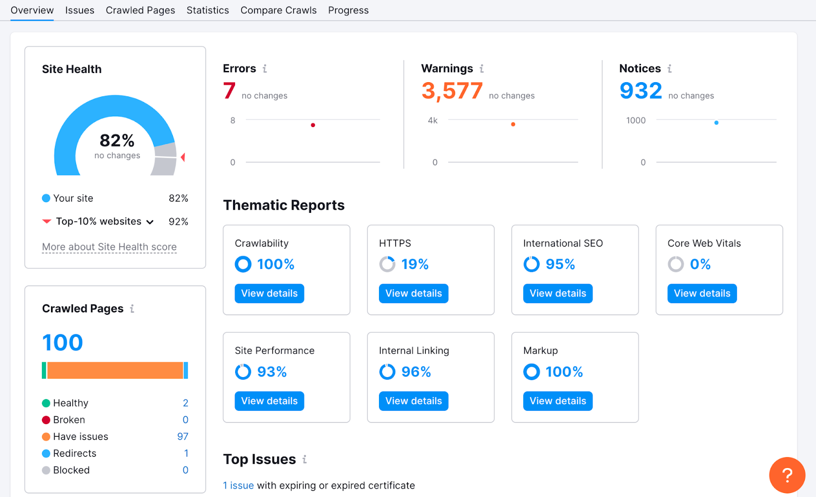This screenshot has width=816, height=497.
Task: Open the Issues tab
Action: click(80, 10)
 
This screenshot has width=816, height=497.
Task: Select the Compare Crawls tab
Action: click(278, 10)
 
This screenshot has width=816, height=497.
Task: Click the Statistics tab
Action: click(208, 10)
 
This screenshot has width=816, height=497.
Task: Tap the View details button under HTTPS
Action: click(413, 293)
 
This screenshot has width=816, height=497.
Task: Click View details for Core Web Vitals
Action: click(702, 293)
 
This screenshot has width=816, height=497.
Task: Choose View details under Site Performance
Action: click(269, 401)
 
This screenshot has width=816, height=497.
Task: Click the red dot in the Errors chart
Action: click(313, 125)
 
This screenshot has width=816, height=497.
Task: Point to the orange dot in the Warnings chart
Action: click(513, 124)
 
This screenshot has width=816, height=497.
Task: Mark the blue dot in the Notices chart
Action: click(717, 122)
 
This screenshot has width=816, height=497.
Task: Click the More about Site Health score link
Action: click(109, 247)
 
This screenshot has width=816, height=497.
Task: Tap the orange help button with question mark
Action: click(787, 475)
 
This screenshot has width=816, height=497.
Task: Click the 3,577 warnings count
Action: click(452, 91)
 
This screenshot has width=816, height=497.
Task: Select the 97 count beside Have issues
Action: click(183, 437)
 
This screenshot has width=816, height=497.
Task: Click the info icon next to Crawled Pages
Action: click(132, 309)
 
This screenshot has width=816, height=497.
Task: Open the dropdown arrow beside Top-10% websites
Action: click(150, 222)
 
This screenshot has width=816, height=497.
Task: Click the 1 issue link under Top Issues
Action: click(238, 486)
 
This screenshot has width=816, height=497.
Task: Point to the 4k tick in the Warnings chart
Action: click(432, 120)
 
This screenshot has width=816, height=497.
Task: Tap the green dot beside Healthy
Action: click(46, 403)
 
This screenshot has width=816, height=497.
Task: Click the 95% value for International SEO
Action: click(560, 264)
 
